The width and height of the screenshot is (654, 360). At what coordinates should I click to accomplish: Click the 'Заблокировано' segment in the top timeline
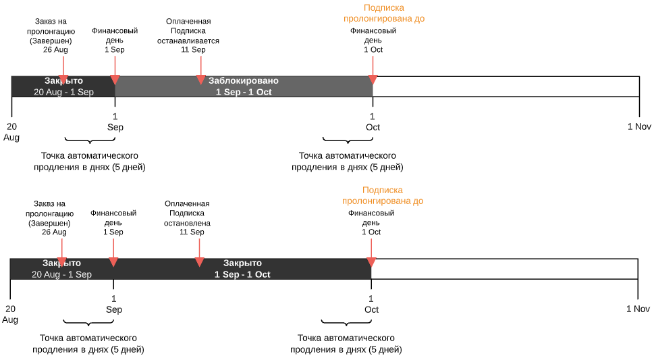pyautogui.click(x=244, y=86)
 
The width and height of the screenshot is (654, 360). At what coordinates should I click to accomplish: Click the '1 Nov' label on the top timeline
pyautogui.click(x=638, y=127)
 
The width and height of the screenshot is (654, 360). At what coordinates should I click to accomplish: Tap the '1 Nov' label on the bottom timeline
pyautogui.click(x=637, y=309)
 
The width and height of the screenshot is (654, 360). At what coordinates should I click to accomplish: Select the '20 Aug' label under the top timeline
pyautogui.click(x=11, y=132)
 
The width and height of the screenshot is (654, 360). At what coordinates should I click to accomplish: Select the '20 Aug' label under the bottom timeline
pyautogui.click(x=10, y=314)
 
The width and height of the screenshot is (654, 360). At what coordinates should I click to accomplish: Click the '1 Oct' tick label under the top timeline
pyautogui.click(x=373, y=122)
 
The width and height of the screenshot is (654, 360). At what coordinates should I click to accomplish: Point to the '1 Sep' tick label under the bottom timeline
pyautogui.click(x=113, y=305)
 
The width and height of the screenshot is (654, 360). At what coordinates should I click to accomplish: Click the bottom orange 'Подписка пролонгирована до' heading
pyautogui.click(x=383, y=196)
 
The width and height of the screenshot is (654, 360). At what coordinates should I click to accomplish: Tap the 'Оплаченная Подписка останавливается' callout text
pyautogui.click(x=189, y=36)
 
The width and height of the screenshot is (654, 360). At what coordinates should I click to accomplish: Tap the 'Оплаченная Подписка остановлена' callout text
pyautogui.click(x=188, y=218)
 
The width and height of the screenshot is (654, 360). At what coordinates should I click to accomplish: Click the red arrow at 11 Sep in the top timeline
pyautogui.click(x=200, y=80)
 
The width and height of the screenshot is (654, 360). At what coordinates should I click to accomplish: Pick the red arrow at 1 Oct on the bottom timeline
pyautogui.click(x=371, y=261)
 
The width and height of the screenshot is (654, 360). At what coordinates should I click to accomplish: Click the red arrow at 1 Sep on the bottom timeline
pyautogui.click(x=113, y=261)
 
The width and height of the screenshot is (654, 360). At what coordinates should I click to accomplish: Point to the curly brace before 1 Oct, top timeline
pyautogui.click(x=348, y=140)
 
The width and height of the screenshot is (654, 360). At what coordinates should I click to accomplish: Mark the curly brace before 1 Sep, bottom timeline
pyautogui.click(x=88, y=323)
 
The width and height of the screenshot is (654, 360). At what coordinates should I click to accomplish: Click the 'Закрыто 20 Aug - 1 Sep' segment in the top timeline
pyautogui.click(x=63, y=86)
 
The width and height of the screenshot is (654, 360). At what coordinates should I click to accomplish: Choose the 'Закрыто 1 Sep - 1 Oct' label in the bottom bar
pyautogui.click(x=242, y=269)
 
